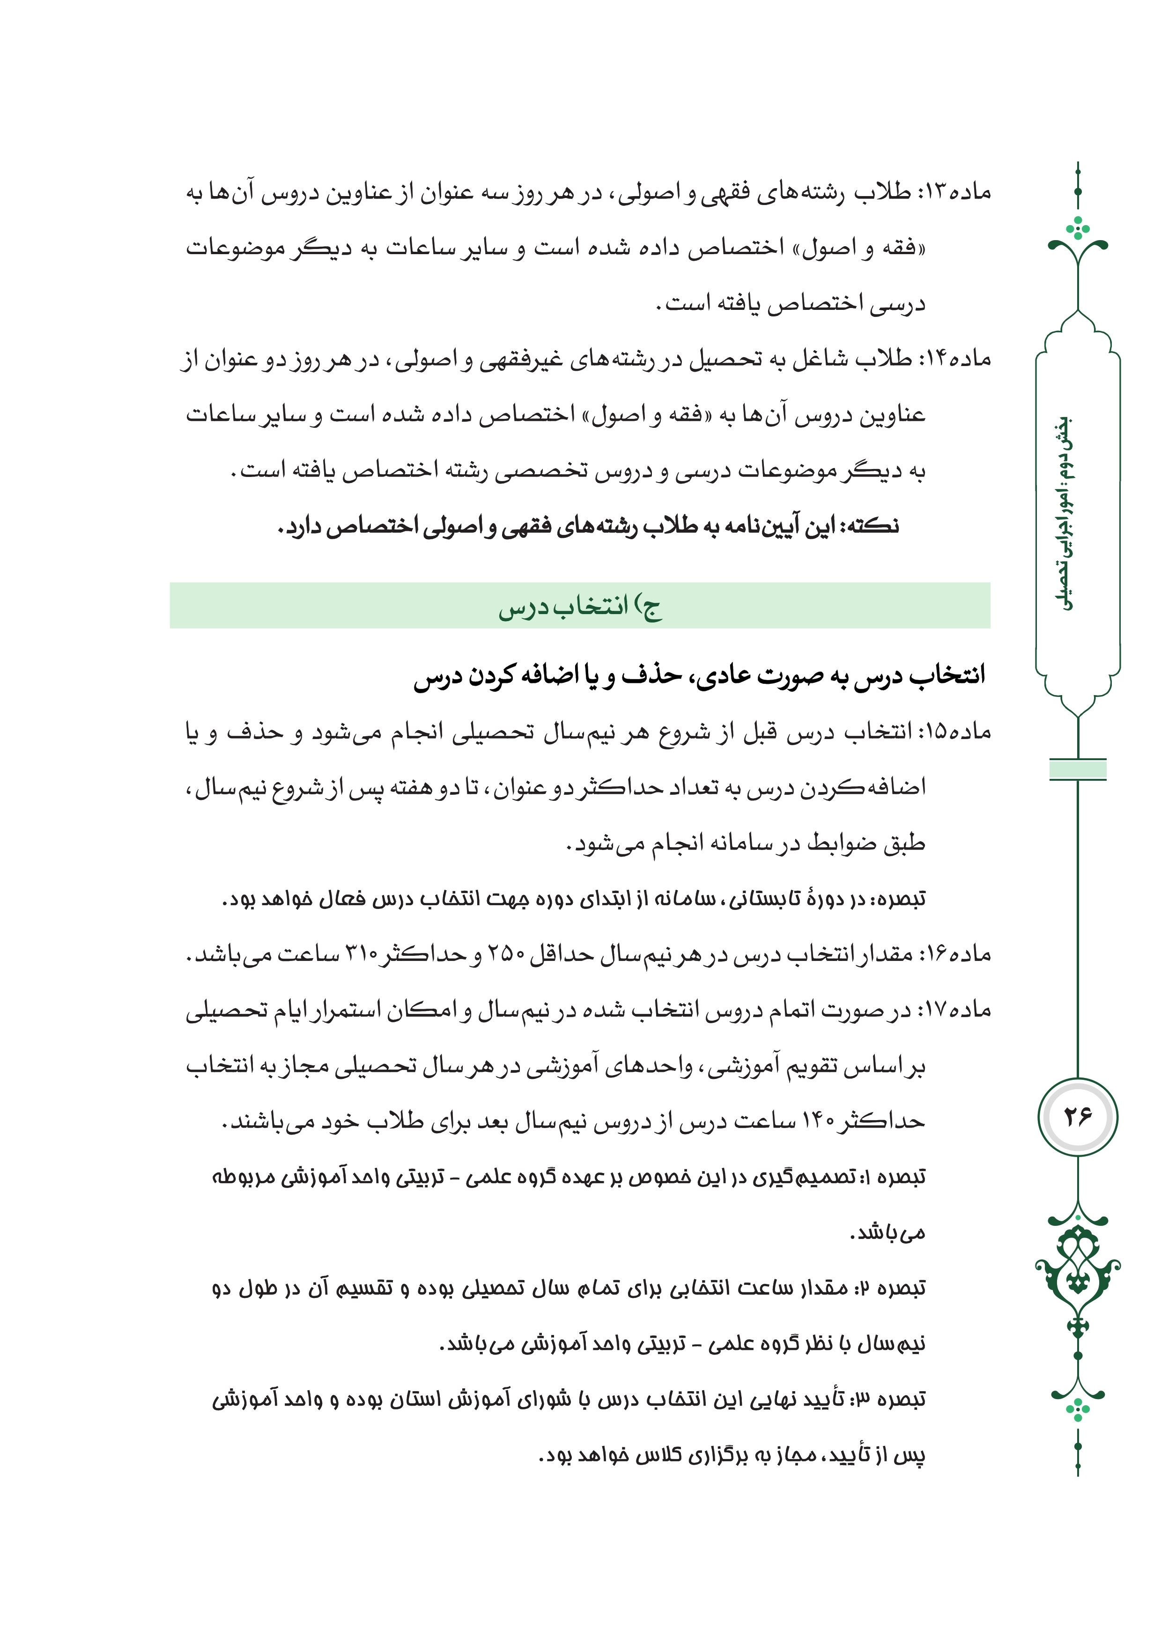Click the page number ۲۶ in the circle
point(1077,1116)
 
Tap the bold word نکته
point(874,527)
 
